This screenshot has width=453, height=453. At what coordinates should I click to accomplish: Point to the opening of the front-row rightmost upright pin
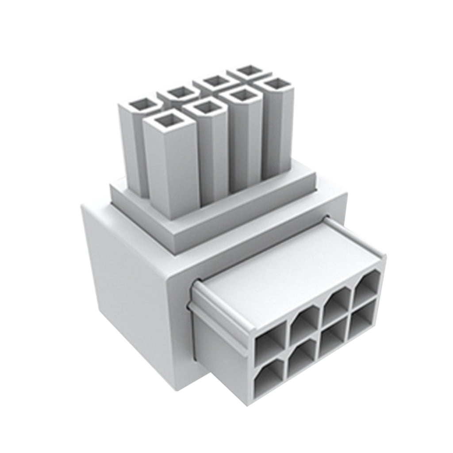pyautogui.click(x=276, y=83)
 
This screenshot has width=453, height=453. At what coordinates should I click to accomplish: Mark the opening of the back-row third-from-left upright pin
pyautogui.click(x=216, y=81)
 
